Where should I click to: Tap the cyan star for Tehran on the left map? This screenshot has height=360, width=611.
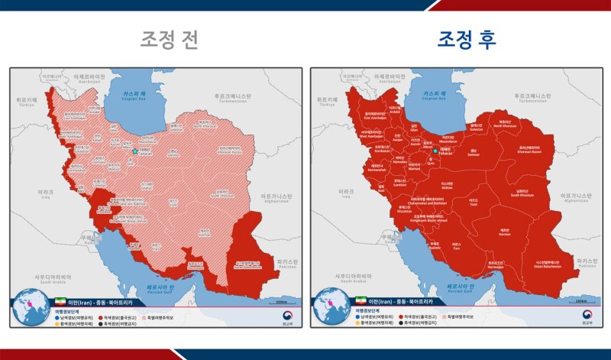click(x=135, y=151)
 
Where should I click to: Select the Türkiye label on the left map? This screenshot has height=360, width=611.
click(x=27, y=102)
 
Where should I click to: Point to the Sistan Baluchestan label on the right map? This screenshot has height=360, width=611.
click(x=551, y=263)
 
